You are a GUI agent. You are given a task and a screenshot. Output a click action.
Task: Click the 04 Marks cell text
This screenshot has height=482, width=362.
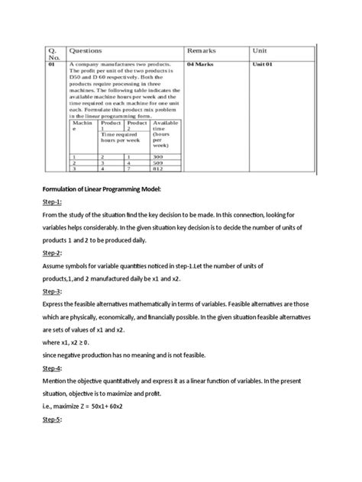click(x=199, y=65)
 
